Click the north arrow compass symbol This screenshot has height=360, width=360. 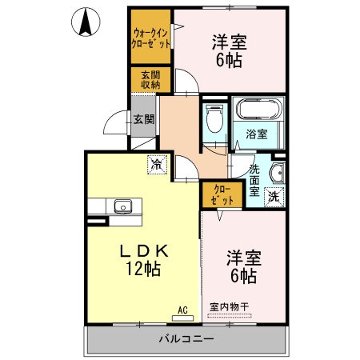86,22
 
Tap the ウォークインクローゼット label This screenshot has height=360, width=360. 151,38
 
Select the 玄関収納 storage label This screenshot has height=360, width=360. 150,80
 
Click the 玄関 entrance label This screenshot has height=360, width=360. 144,119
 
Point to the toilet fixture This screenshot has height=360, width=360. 214,121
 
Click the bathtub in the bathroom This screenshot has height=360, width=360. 257,109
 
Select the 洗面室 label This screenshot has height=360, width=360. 254,181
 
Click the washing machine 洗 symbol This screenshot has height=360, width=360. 274,196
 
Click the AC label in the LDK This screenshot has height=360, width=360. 182,310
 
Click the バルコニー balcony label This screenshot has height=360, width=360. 185,340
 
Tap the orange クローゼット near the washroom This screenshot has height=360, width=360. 222,194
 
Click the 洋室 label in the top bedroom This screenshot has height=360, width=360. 228,41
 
